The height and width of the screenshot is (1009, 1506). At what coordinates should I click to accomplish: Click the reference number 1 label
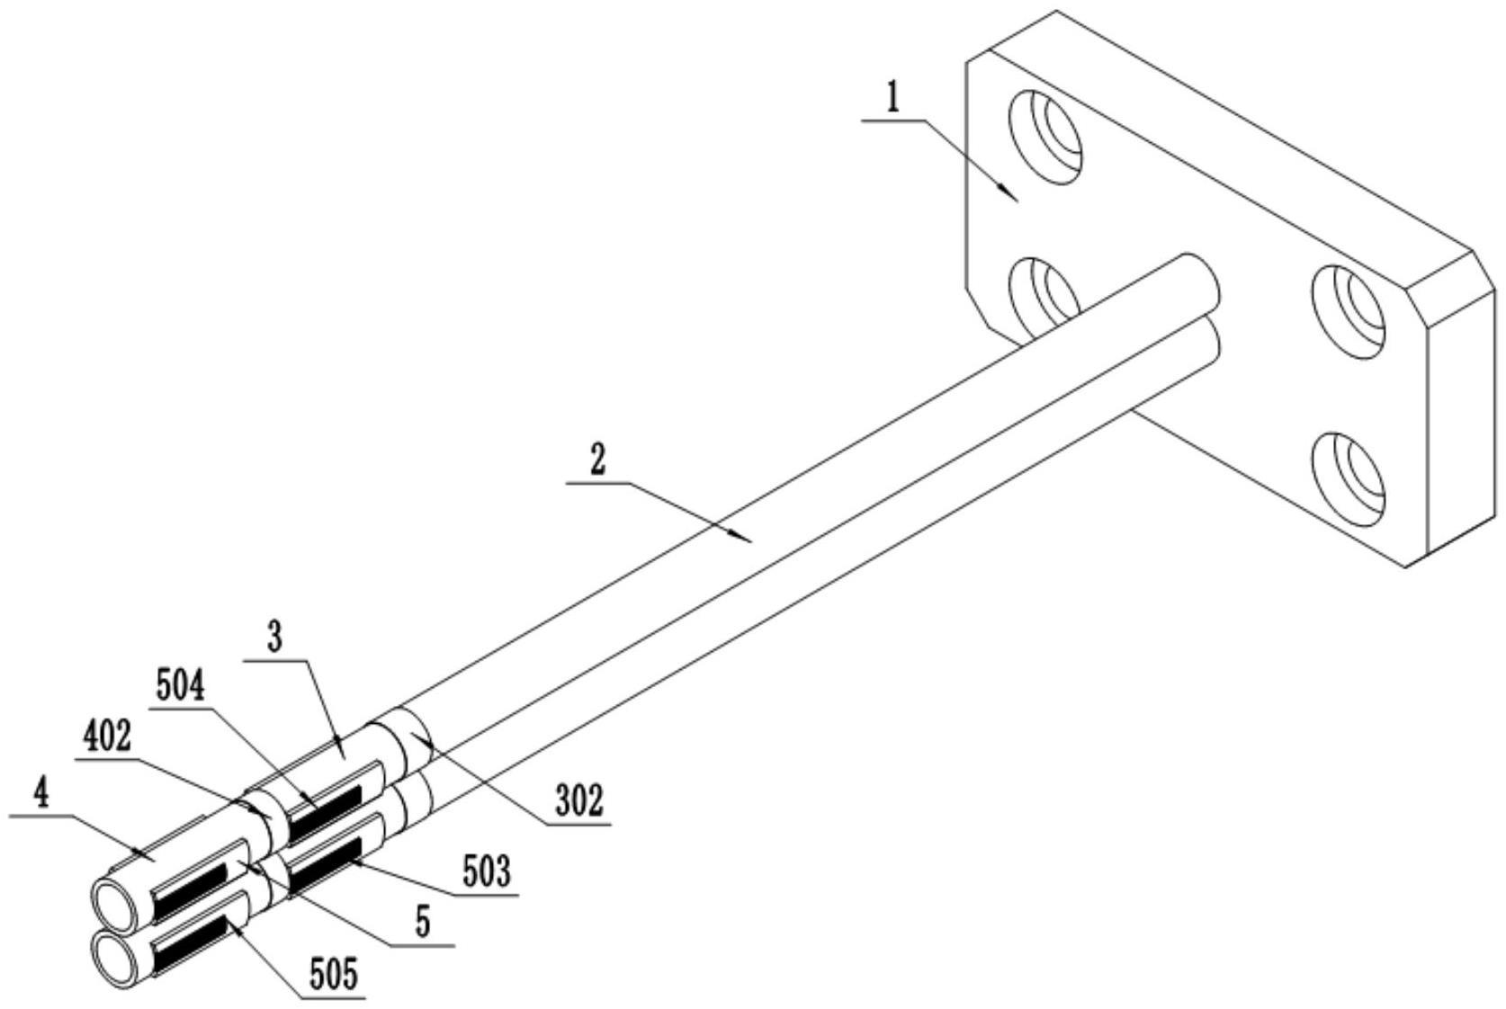pyautogui.click(x=892, y=100)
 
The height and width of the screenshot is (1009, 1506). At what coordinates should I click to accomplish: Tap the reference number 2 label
pyautogui.click(x=597, y=460)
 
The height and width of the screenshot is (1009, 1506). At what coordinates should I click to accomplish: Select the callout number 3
pyautogui.click(x=274, y=638)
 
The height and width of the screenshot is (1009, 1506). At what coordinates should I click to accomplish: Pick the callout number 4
pyautogui.click(x=41, y=796)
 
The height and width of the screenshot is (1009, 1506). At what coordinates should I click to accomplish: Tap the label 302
pyautogui.click(x=578, y=801)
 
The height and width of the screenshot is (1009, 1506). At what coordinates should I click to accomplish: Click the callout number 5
pyautogui.click(x=422, y=924)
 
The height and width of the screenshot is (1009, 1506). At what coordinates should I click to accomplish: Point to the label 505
pyautogui.click(x=334, y=975)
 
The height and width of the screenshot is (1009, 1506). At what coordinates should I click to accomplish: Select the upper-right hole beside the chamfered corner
pyautogui.click(x=1348, y=312)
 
